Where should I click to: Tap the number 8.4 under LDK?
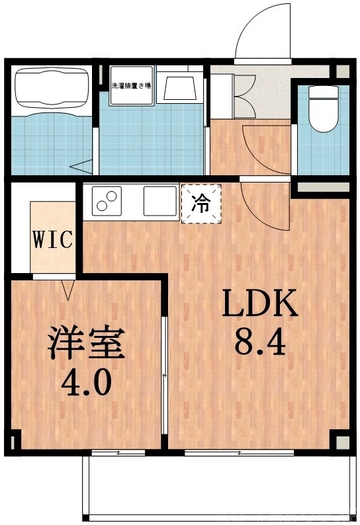pyautogui.click(x=259, y=343)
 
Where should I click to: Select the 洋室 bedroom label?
pyautogui.click(x=85, y=343)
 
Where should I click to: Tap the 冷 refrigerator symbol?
pyautogui.click(x=200, y=204)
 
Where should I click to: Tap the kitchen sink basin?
pyautogui.click(x=161, y=200)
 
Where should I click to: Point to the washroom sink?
pyautogui.click(x=178, y=89)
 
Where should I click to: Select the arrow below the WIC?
pyautogui.click(x=67, y=288)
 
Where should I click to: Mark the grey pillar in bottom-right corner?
pyautogui.click(x=339, y=442)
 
